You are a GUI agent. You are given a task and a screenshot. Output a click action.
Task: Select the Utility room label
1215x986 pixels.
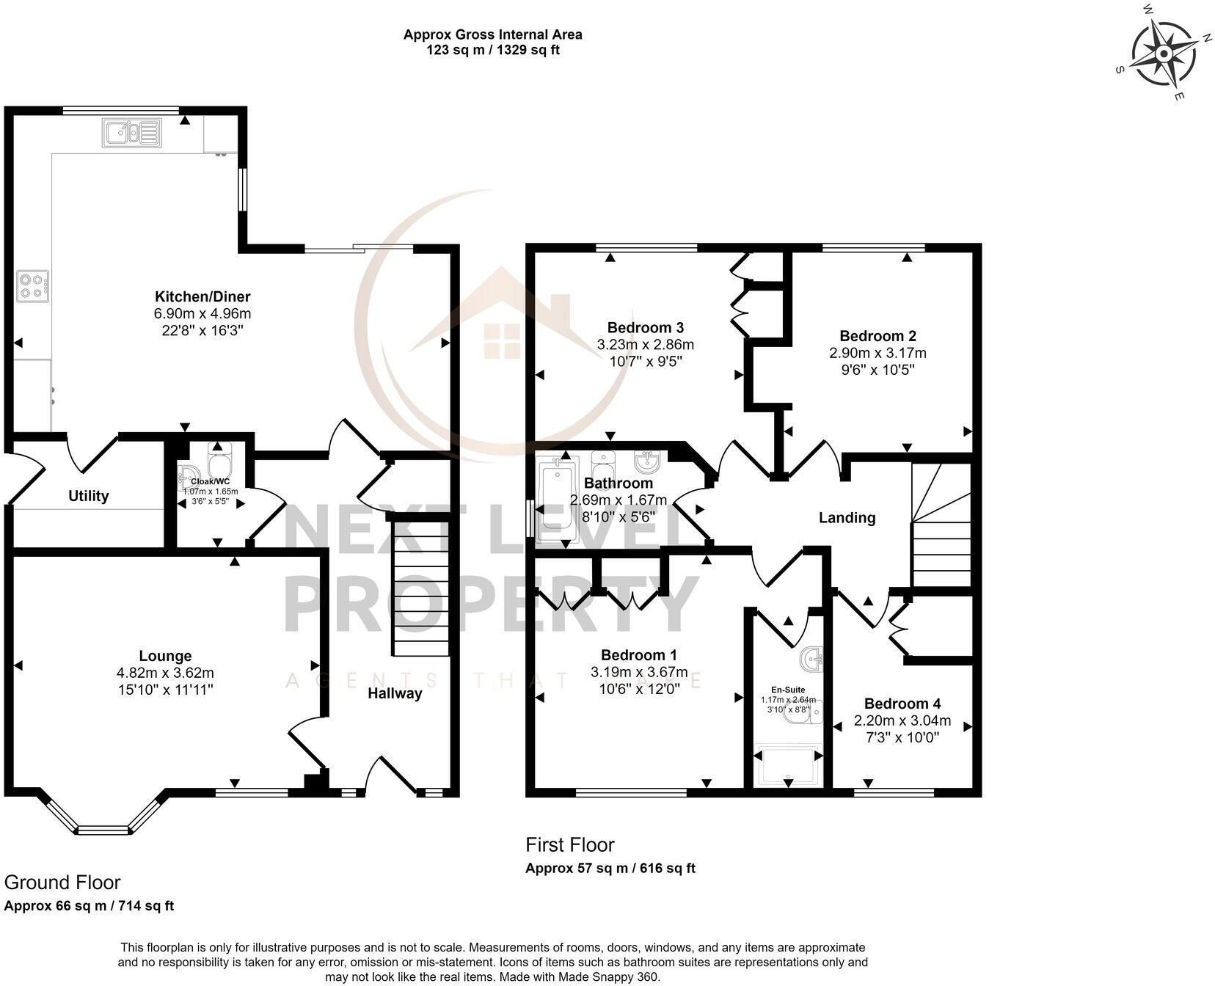point(89,496)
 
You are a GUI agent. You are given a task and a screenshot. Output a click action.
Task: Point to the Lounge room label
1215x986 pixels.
point(165,656)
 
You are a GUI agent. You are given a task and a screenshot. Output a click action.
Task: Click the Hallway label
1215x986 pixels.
point(395,693)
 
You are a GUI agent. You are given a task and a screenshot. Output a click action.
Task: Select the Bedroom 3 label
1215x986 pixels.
point(645,327)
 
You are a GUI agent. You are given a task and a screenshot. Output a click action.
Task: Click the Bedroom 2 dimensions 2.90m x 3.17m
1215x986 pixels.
point(877,353)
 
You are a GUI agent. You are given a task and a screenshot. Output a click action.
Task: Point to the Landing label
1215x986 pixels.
point(847,518)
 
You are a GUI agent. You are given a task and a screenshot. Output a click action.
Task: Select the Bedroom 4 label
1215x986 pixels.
point(902,704)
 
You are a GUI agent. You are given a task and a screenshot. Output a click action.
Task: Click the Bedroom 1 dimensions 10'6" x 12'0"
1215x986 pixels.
point(639,689)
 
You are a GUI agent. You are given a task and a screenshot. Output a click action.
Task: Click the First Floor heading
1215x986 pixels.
point(569,845)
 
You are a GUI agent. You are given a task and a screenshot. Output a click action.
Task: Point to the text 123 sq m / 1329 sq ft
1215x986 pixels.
point(492,51)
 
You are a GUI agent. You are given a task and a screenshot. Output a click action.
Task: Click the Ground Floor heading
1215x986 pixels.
point(62,882)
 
